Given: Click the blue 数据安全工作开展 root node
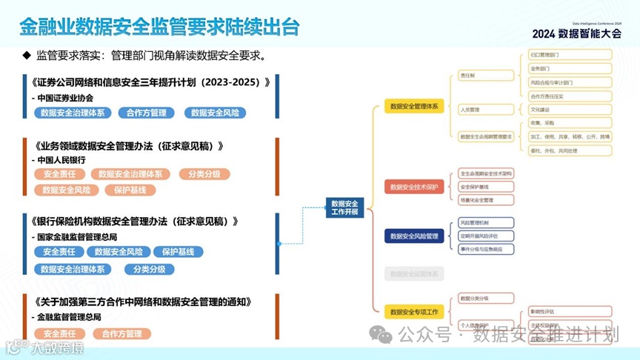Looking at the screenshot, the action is click(x=344, y=208).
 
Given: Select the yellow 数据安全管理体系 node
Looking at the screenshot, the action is click(x=414, y=107).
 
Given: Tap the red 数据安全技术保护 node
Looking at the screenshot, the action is click(x=414, y=187).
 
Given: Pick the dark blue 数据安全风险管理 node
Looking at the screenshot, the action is click(x=414, y=236).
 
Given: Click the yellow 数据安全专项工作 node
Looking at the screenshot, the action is click(x=414, y=312).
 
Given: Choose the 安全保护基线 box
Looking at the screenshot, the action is click(x=484, y=187).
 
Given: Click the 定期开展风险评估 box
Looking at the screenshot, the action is click(x=484, y=236).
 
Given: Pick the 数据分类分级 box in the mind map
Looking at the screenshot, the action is click(x=484, y=298).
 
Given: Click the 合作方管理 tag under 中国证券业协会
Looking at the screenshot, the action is click(x=146, y=113).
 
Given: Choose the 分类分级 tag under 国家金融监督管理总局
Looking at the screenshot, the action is click(x=149, y=269).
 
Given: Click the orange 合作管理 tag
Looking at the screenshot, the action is click(x=122, y=334).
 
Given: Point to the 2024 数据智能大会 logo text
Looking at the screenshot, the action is click(x=576, y=33).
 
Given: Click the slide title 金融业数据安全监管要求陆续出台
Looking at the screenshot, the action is click(x=159, y=27).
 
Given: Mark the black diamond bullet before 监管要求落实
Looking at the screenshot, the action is click(x=27, y=56).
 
